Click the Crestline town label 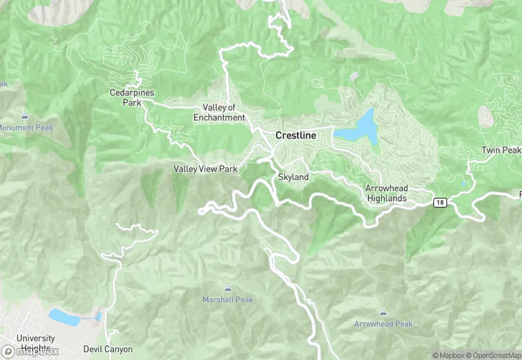coord(295,135)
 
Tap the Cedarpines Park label coord(126,98)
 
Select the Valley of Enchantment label coord(219,113)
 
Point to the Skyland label coord(293,177)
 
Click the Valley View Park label coord(205,169)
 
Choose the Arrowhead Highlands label coord(386,193)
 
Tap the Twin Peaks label coord(501,150)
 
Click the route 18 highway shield coord(440,202)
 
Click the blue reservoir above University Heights coord(66,317)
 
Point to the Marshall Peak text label coord(227,300)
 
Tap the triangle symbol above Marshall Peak coord(227,288)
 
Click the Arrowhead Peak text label coord(383,324)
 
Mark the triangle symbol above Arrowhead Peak coord(383,312)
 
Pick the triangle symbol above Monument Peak coord(25,115)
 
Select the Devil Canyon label coord(108,349)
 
